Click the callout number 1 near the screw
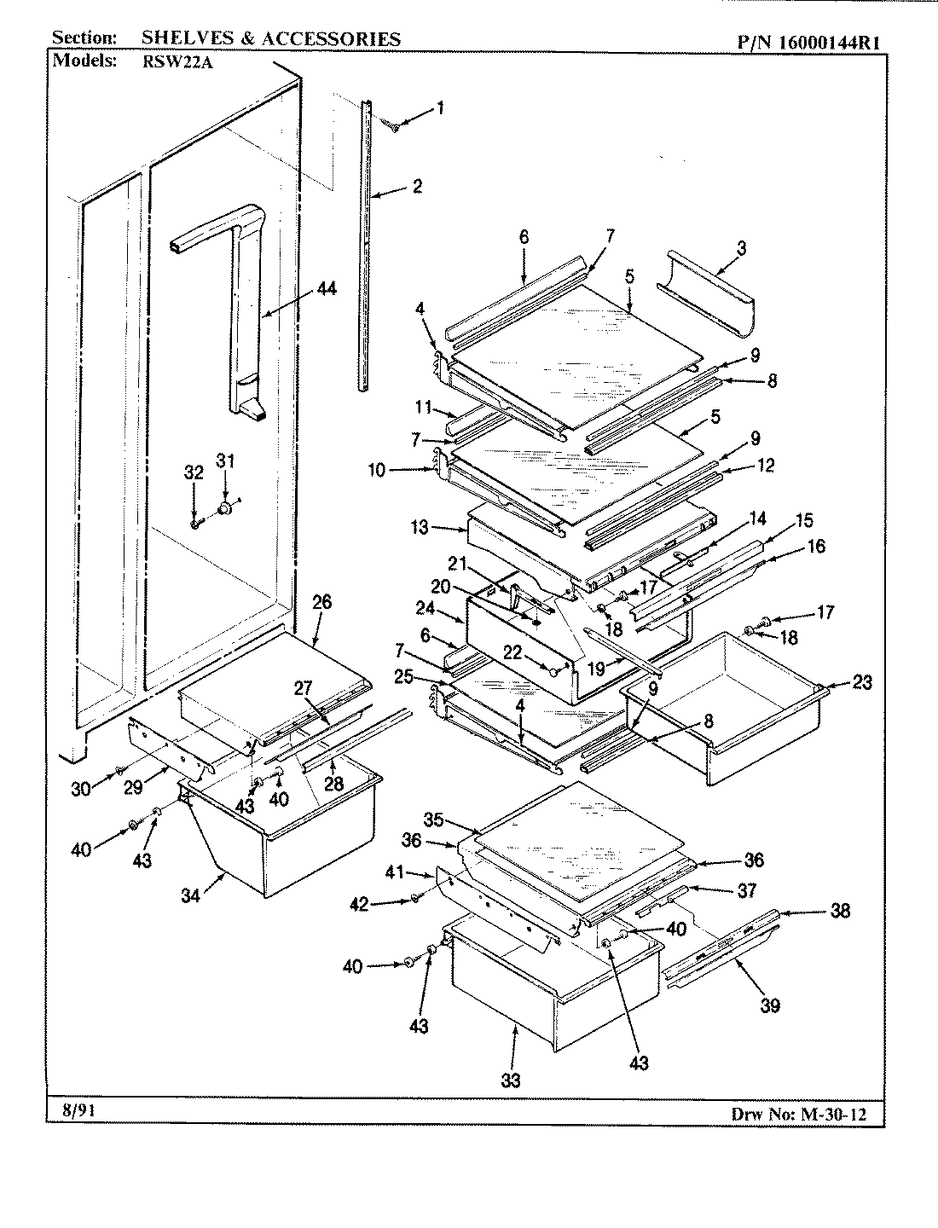tap(440, 107)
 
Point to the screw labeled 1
tap(395, 127)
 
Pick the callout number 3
tap(740, 248)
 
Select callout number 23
tap(863, 681)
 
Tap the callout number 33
tap(509, 1080)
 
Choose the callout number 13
tap(419, 528)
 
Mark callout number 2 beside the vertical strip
tap(417, 186)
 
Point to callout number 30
tap(80, 790)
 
